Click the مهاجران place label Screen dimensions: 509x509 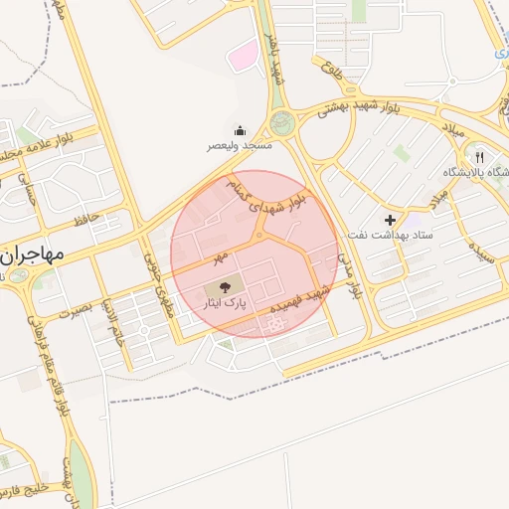point(32,255)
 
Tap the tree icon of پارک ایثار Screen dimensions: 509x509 point(222,287)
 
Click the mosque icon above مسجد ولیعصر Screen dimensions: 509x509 point(240,130)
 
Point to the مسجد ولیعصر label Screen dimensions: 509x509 point(240,145)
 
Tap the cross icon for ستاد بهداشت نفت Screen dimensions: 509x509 point(390,219)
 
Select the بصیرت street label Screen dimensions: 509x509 point(73,310)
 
